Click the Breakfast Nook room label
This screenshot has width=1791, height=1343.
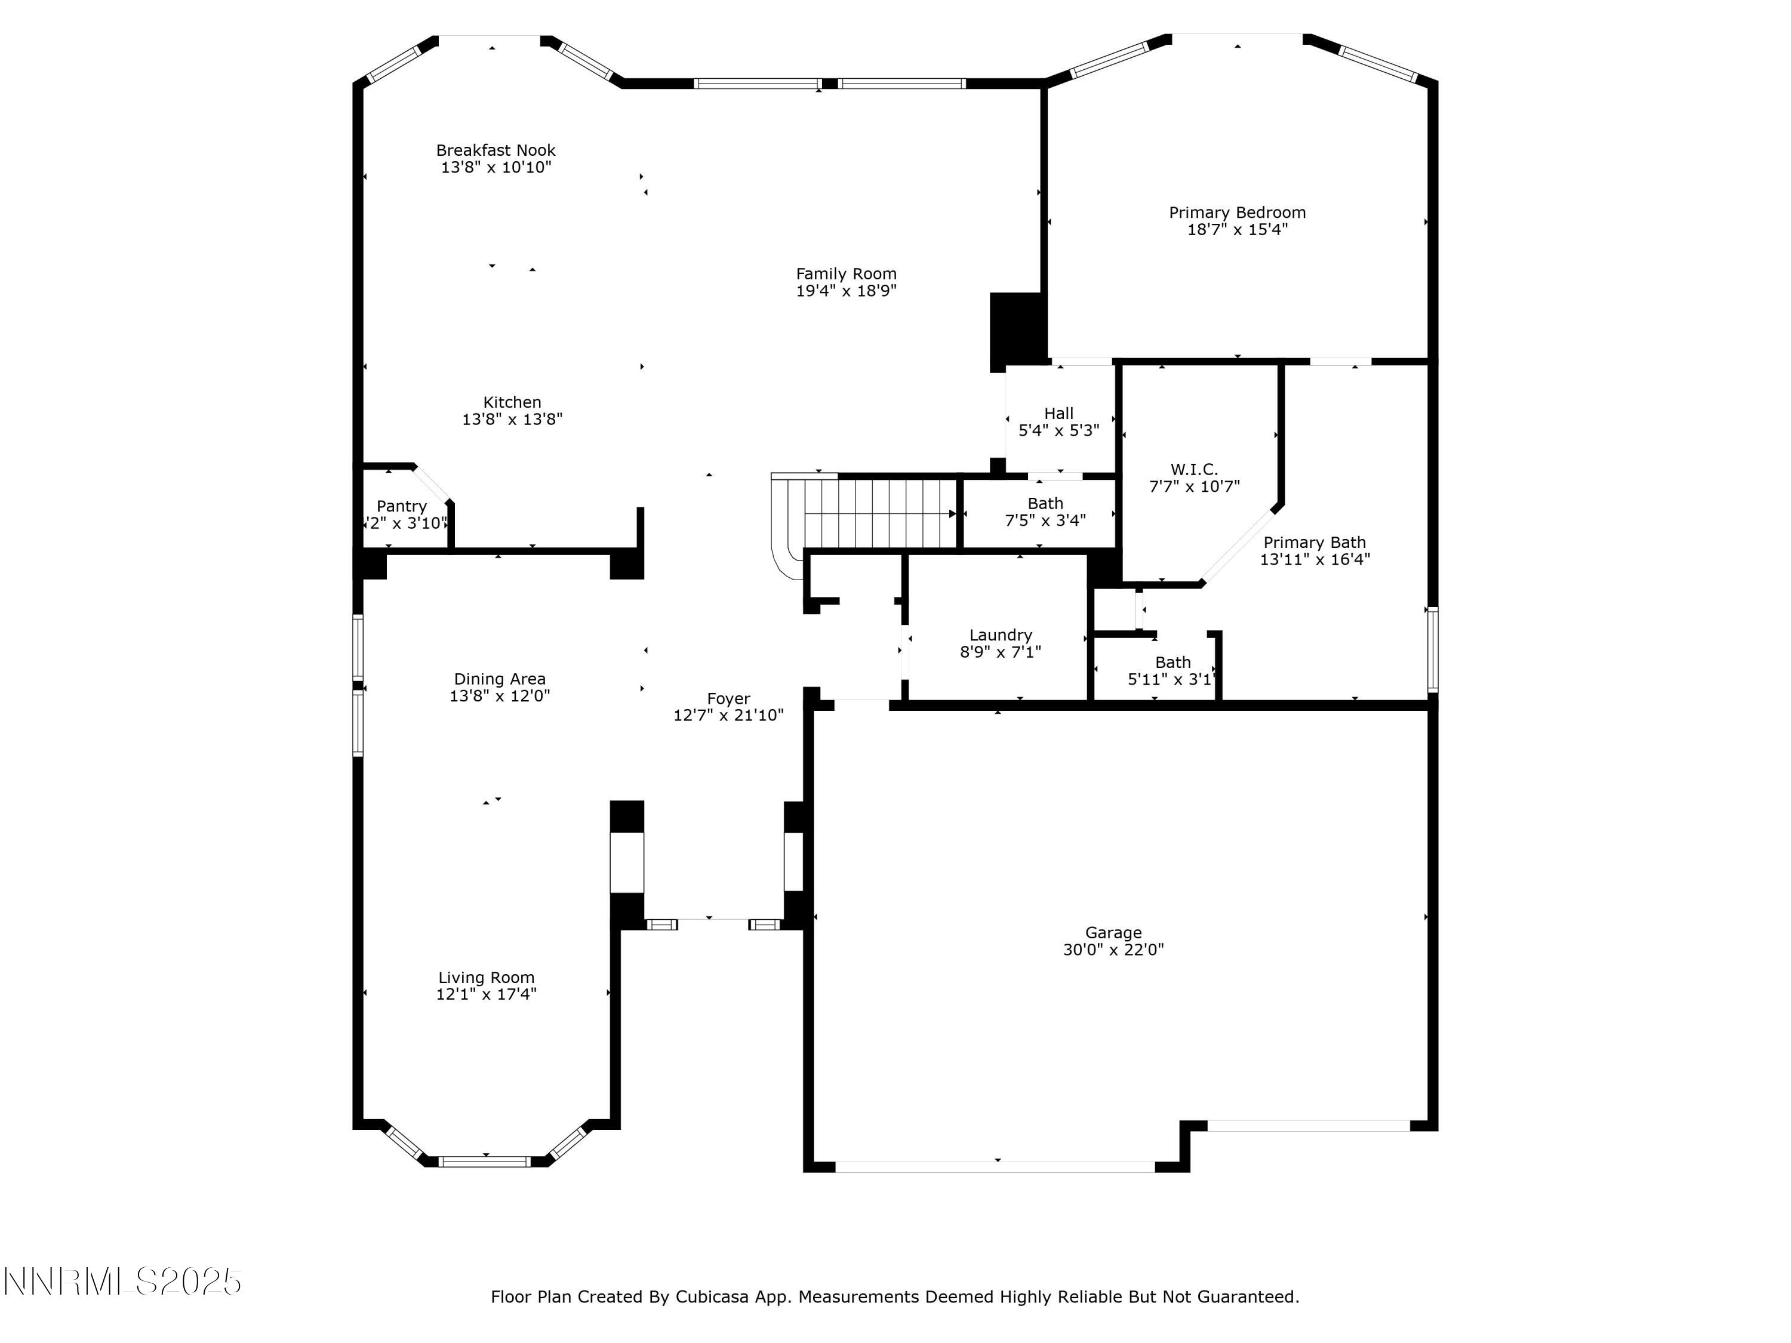[496, 150]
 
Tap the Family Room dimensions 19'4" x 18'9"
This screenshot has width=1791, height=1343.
[846, 291]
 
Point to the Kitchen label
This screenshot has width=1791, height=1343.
[512, 402]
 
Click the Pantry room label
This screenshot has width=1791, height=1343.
[402, 507]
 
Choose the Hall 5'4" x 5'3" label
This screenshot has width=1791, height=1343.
[1058, 422]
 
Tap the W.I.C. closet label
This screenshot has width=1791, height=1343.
[1193, 470]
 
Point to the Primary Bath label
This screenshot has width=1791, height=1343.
[1314, 543]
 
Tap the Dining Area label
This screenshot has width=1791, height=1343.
[500, 679]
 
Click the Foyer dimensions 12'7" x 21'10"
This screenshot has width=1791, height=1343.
[728, 716]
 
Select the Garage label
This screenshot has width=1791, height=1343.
[1113, 932]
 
